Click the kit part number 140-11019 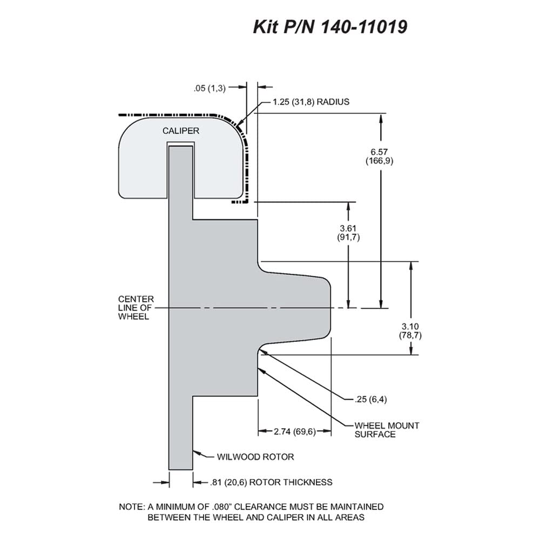(x=364, y=26)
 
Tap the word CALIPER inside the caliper (x=181, y=131)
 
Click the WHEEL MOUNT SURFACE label (x=387, y=430)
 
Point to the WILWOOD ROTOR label (x=255, y=457)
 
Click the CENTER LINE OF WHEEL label (x=136, y=308)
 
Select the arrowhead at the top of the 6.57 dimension (x=381, y=119)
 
